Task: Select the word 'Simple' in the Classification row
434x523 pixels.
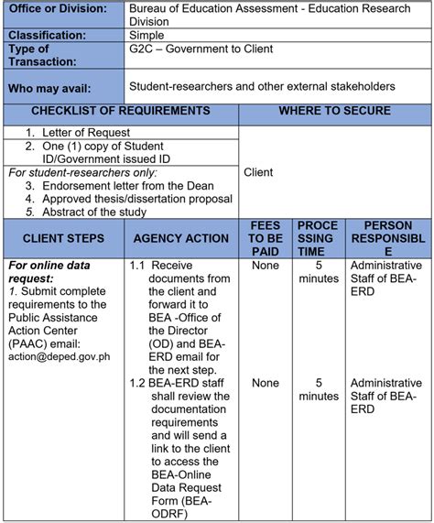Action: (x=147, y=35)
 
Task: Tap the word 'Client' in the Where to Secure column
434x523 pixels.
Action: (x=259, y=172)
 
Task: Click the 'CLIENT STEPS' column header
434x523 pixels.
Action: (x=63, y=238)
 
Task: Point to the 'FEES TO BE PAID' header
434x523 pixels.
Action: (x=266, y=238)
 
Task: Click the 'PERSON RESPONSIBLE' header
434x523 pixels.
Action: (x=387, y=238)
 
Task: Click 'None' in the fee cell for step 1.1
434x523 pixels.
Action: (x=266, y=266)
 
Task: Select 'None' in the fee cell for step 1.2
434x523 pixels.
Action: (x=266, y=383)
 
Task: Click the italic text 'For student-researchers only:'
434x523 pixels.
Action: (x=69, y=172)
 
